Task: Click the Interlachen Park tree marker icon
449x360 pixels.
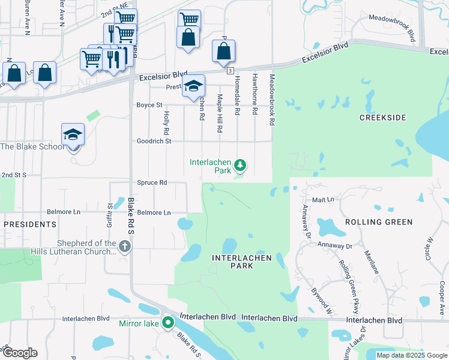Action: coord(240,164)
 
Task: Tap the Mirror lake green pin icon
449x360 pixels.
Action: coord(168,323)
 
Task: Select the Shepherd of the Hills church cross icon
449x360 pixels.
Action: coord(124,246)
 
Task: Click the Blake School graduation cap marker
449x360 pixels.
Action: coord(73,135)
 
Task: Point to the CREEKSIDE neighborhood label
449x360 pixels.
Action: coord(383,118)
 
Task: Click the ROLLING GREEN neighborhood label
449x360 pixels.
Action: coord(379,222)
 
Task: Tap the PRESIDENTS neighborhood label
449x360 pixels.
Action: coord(30,224)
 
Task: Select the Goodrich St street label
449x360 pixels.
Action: coord(154,141)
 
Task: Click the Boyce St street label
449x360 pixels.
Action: coord(149,105)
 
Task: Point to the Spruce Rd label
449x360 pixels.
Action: coord(152,182)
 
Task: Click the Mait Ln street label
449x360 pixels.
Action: coord(323,199)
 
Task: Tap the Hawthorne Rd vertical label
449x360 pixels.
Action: coord(255,94)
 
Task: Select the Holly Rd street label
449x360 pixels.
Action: coord(166,122)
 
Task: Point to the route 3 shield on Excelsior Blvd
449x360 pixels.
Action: coord(231,71)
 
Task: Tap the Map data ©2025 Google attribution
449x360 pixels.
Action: coord(411,355)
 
